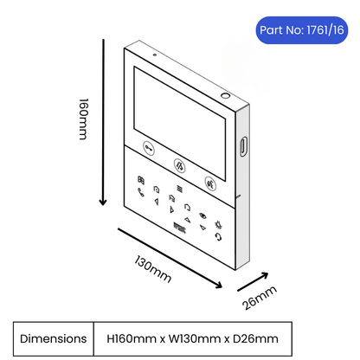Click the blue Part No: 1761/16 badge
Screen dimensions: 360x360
coord(302,30)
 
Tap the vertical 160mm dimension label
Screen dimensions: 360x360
coord(84,119)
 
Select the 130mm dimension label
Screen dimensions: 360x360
coord(153,268)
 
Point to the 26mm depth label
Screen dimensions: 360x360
coord(260,298)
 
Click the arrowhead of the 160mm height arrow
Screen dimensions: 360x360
coord(103,202)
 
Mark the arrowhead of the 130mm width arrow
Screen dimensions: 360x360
coord(218,285)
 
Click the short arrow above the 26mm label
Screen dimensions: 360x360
coord(253,281)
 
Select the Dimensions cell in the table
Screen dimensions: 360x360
coord(54,338)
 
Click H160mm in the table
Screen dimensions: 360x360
coord(132,338)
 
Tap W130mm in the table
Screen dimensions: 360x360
coord(195,338)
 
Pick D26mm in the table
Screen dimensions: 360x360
coord(255,338)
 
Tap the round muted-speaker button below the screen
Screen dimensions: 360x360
coord(211,183)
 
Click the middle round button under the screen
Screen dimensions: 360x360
coord(179,166)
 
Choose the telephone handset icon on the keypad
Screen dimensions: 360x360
coord(141,192)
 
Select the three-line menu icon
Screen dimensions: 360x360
coord(179,189)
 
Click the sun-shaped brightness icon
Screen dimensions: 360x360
coord(218,225)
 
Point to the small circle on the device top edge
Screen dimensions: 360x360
coord(225,95)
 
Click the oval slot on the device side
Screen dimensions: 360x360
coord(243,146)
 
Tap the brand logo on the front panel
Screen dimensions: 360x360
coord(180,228)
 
